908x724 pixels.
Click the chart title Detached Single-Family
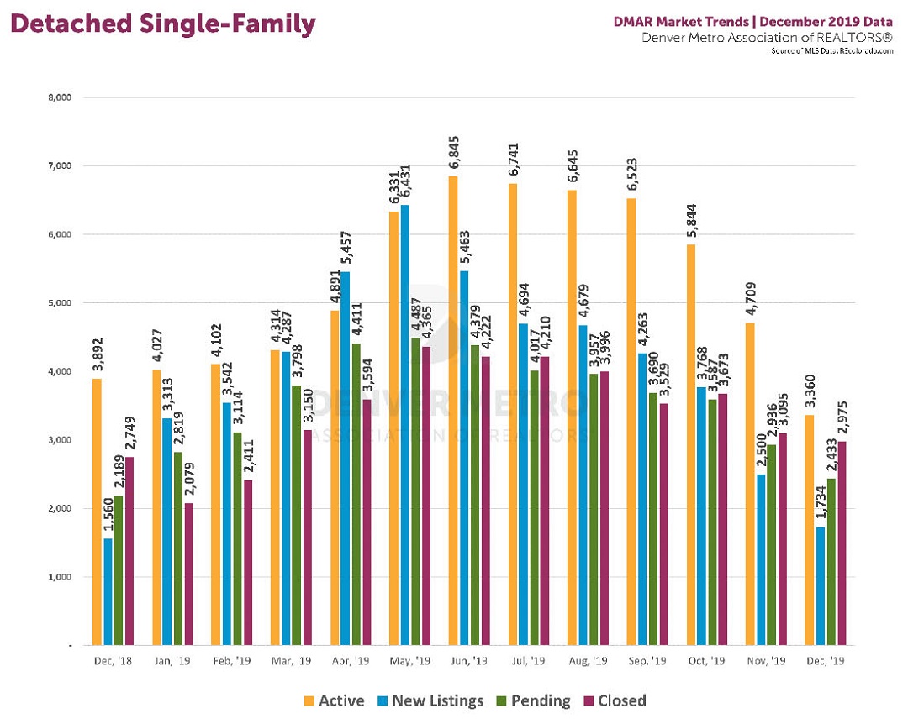163,24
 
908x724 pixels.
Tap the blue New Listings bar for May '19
405,424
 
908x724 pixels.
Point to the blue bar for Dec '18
108,591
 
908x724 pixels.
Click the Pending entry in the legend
536,700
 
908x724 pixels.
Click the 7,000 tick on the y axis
60,165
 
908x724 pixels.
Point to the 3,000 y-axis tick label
60,440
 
